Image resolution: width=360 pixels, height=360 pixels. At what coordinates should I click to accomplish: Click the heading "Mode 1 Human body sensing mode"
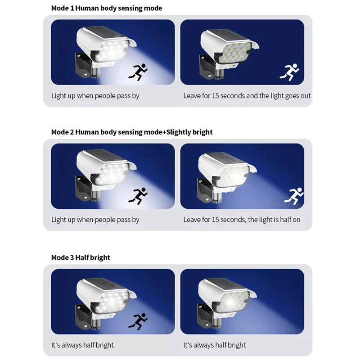[x=107, y=8]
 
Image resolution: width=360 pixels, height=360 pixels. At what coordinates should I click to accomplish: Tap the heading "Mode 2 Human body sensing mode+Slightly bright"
[x=132, y=132]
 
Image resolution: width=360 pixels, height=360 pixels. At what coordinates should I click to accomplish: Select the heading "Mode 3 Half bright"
[x=81, y=257]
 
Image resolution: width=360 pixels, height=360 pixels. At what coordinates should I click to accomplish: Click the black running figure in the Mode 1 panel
[x=138, y=72]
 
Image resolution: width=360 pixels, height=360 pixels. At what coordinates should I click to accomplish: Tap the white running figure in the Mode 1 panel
[x=289, y=72]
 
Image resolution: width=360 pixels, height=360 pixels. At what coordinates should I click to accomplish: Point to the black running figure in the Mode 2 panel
[x=138, y=196]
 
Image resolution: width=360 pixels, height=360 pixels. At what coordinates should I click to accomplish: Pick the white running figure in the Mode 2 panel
[x=294, y=196]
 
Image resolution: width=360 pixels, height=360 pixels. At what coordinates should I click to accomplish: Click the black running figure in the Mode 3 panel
[x=138, y=322]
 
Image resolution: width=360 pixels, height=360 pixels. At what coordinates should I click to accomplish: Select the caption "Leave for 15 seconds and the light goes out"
[x=247, y=96]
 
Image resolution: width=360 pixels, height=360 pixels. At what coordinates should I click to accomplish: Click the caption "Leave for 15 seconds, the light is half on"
[x=242, y=220]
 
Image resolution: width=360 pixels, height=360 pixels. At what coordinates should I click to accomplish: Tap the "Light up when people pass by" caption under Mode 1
[x=95, y=96]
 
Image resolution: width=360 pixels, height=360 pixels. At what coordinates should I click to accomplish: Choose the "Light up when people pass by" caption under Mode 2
[x=95, y=220]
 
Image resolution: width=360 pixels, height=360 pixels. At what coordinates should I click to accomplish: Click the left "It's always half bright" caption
[x=82, y=345]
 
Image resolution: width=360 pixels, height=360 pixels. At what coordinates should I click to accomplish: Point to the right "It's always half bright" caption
[x=215, y=345]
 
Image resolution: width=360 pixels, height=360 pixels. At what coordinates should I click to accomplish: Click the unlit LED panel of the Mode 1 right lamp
[x=234, y=52]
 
